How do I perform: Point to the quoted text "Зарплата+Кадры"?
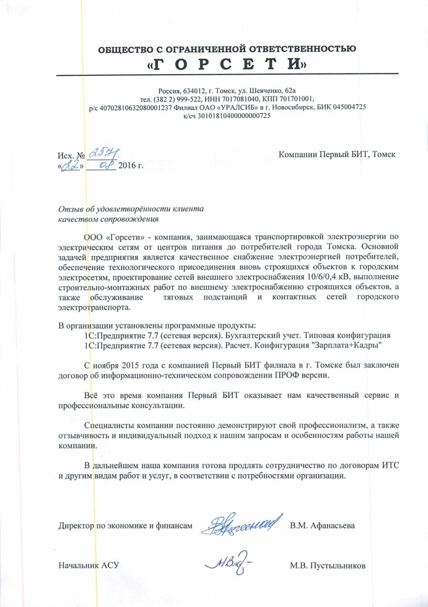[350, 344]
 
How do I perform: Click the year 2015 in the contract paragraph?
[134, 365]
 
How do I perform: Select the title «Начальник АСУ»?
[88, 565]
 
